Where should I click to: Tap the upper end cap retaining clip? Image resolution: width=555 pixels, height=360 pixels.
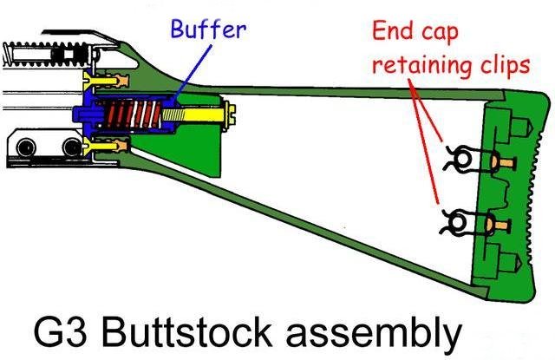tap(459, 159)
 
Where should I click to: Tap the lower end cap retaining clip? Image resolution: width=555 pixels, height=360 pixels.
tap(459, 225)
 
